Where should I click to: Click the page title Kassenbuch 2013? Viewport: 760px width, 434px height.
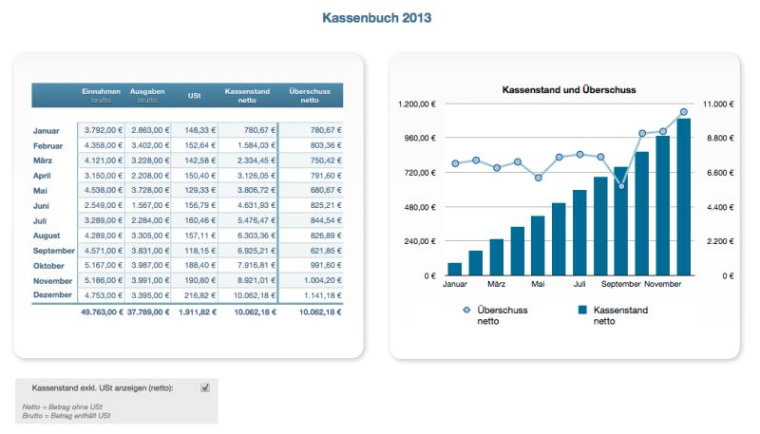point(379,18)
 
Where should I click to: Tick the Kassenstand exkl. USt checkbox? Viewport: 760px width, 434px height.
point(205,387)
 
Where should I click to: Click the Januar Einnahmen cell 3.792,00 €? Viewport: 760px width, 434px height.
point(103,130)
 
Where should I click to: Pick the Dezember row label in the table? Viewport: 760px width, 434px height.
point(52,296)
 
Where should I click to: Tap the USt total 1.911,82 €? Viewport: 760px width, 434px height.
point(198,311)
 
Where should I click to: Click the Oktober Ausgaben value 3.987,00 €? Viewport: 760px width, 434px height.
point(149,266)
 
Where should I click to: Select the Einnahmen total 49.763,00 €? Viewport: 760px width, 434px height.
point(103,311)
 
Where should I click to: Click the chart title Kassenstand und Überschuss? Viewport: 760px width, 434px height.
point(568,89)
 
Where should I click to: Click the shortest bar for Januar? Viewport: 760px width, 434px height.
point(455,269)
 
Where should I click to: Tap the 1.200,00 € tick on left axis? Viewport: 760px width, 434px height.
point(416,104)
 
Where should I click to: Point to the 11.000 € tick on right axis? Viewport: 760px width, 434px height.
point(717,104)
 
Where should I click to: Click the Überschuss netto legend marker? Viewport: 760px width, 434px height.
point(465,310)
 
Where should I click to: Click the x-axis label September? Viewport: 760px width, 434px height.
point(620,283)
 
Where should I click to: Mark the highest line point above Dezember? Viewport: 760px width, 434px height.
point(684,112)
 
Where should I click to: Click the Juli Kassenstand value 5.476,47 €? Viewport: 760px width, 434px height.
point(251,220)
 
